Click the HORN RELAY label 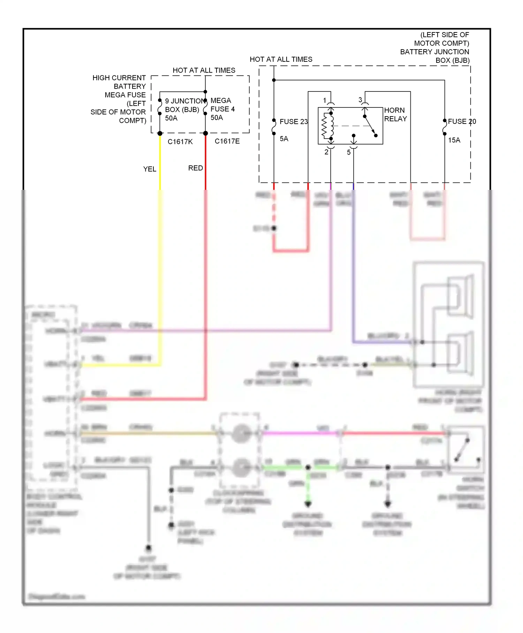pos(395,114)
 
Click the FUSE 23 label pos(294,121)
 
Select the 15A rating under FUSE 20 pos(454,140)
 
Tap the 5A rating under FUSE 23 pos(284,139)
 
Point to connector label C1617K pos(180,141)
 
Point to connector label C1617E pos(227,141)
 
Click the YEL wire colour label pos(150,169)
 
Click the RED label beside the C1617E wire pos(195,168)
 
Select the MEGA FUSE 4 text pos(222,105)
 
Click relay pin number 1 pos(325,100)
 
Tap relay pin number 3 pos(360,100)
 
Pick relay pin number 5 pos(349,152)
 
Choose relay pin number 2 pos(326,152)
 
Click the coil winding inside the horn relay pos(326,126)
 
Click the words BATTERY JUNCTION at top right pos(434,52)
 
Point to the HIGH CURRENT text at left pos(119,77)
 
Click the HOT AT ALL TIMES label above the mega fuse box pos(204,70)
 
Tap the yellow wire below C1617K pos(160,161)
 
